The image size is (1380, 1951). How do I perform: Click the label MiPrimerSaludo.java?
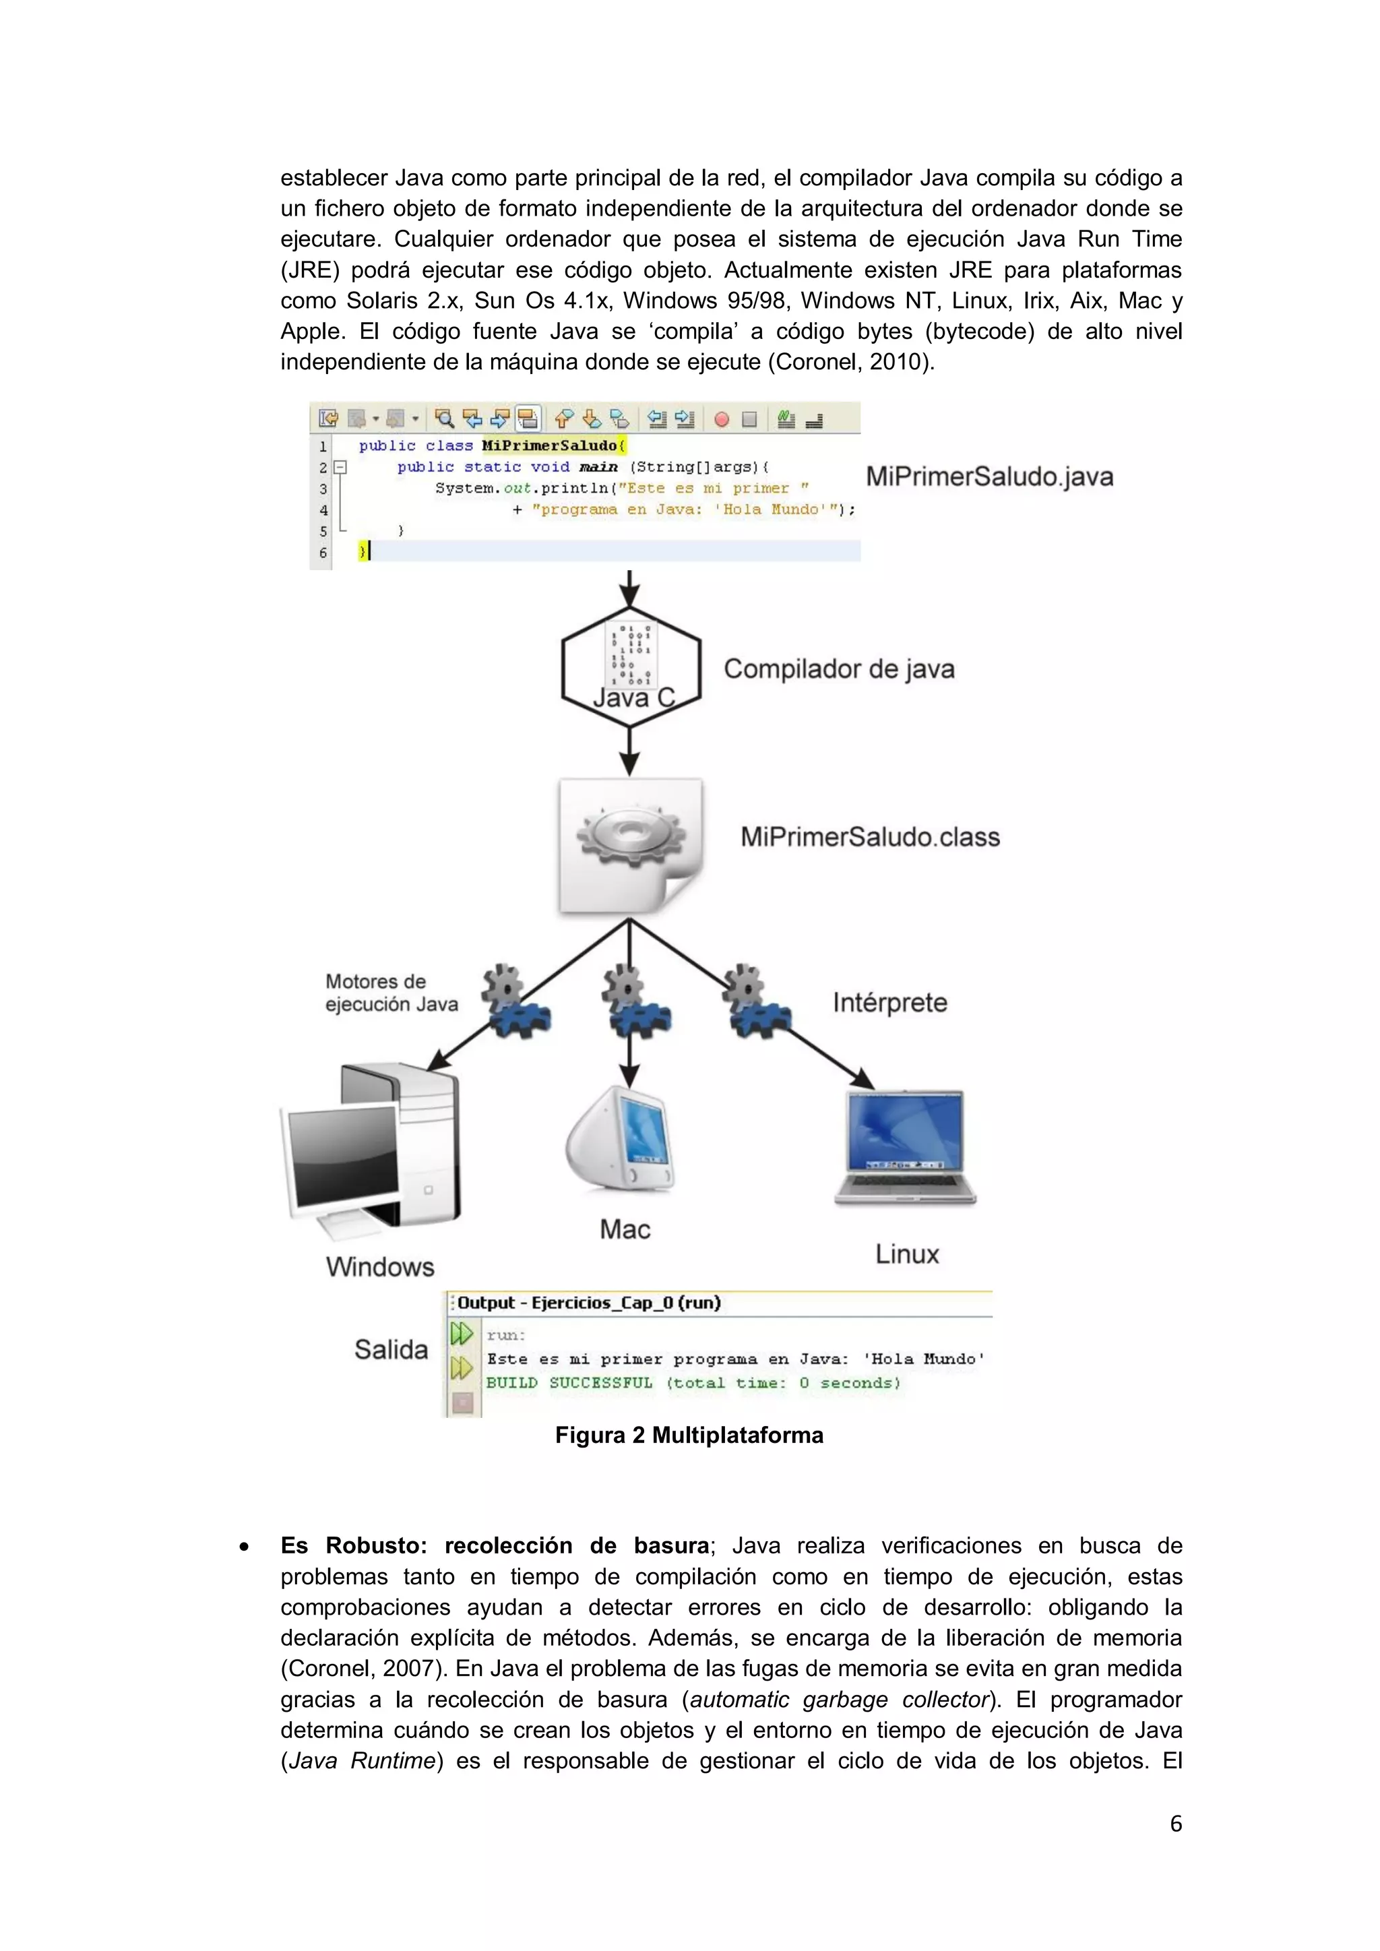989,476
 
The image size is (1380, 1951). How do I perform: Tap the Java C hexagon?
631,667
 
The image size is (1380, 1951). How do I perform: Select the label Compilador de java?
839,670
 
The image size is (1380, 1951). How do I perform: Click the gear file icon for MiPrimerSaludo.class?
629,846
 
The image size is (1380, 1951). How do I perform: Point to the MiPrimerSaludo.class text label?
870,837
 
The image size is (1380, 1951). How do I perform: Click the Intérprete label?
889,1003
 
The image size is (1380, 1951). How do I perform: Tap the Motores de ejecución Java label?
391,993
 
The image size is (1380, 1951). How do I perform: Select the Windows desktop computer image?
371,1152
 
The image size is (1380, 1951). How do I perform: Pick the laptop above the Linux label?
906,1147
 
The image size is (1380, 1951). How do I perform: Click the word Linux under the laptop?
907,1254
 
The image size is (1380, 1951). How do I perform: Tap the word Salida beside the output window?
391,1349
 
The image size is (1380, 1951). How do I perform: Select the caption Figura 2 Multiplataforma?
689,1435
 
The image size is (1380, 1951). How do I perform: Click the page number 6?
1175,1824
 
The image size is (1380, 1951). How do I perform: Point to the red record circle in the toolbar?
722,419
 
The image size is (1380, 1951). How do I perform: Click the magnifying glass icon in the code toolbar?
443,418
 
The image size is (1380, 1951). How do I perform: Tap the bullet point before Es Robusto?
244,1547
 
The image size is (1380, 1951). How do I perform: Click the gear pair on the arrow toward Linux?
758,1003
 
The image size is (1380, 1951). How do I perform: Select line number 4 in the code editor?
323,510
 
